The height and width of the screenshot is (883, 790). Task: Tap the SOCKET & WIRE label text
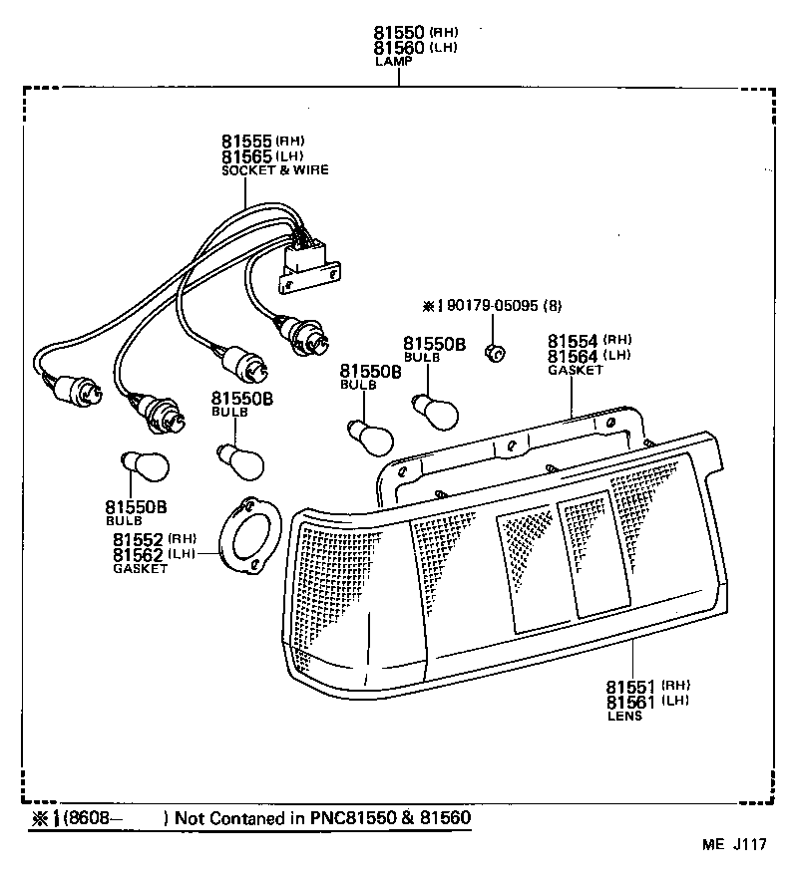[274, 170]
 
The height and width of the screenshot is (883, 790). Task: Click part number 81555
[246, 142]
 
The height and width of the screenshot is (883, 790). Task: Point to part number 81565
[246, 156]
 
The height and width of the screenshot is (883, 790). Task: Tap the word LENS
[624, 716]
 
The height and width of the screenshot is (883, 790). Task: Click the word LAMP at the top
[393, 62]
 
